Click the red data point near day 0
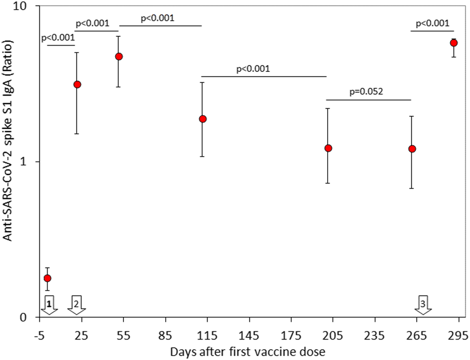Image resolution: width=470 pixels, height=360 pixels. (47, 278)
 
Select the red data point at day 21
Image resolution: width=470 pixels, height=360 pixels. (77, 84)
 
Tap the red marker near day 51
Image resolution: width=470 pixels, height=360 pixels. (118, 56)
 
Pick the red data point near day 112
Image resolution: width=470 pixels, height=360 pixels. (203, 119)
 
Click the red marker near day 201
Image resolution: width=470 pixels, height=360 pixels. (328, 148)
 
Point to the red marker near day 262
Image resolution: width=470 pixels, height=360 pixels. (412, 149)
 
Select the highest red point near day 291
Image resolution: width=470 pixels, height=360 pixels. (453, 43)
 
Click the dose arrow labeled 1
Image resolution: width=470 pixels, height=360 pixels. (50, 304)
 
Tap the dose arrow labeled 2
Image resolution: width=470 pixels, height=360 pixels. (76, 304)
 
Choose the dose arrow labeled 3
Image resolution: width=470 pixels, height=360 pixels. (424, 304)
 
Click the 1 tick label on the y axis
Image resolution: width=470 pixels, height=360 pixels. (32, 162)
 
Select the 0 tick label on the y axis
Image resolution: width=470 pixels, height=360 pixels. (32, 318)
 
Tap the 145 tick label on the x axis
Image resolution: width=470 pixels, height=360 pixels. (249, 335)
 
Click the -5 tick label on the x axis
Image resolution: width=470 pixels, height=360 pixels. (39, 335)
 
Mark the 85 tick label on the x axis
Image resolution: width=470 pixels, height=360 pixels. (166, 335)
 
